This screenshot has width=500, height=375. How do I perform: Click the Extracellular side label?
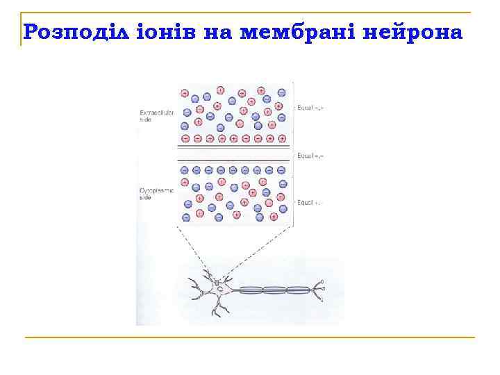(x=156, y=115)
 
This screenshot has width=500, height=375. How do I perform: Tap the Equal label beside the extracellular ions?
(x=310, y=108)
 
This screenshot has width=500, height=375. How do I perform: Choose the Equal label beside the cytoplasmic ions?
(x=310, y=203)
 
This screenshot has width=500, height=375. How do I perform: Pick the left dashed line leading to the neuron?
(x=199, y=253)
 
